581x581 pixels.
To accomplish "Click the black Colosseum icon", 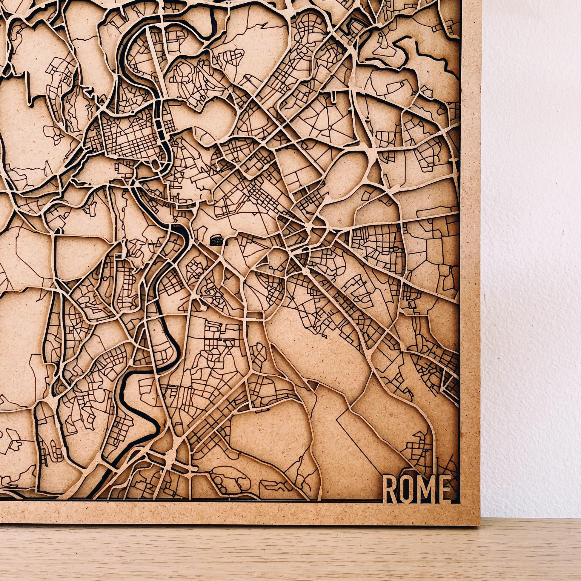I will tap(216, 241).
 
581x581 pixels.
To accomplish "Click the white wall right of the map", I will tap(529, 241).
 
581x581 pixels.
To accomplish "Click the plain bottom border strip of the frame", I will tap(241, 514).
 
